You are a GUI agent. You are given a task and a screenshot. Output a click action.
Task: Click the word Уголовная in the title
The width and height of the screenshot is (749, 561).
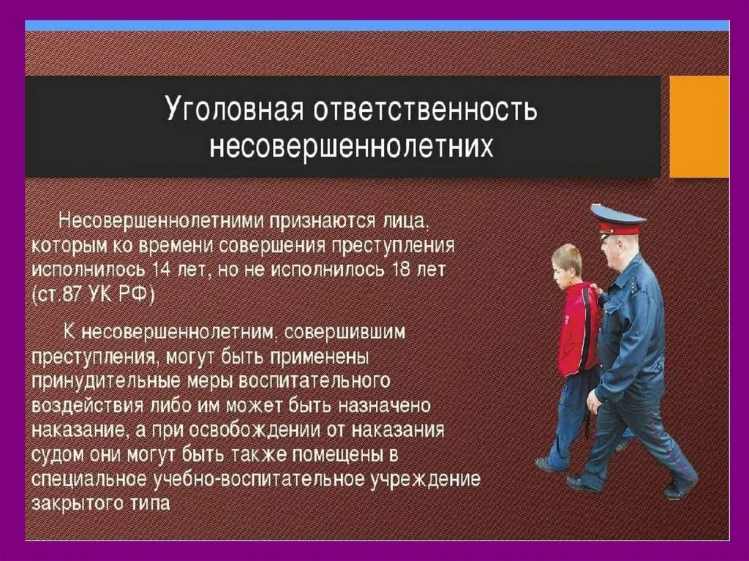point(234,110)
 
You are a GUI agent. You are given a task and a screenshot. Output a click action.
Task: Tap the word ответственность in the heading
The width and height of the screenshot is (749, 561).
point(425,110)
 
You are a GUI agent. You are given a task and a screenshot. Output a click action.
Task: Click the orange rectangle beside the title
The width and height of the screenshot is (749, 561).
point(699,126)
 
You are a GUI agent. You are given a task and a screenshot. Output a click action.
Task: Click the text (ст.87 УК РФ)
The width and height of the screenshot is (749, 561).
point(93,295)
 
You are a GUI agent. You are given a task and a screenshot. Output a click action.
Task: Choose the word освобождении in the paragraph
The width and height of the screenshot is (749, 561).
point(255,430)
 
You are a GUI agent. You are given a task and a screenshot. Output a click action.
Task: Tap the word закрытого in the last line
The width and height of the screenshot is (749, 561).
point(76,504)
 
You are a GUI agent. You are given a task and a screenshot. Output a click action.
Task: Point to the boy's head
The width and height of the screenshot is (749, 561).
point(567,266)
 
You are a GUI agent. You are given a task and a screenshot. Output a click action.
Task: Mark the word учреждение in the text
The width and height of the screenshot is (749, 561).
point(426,479)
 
